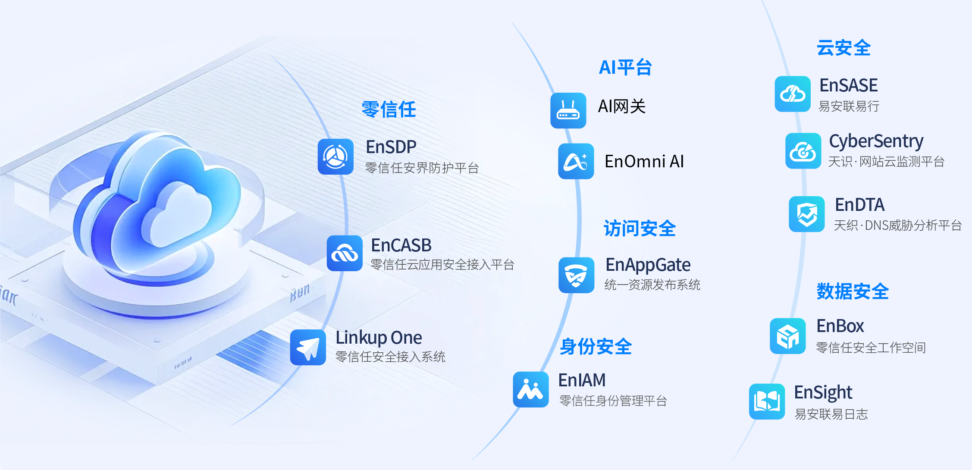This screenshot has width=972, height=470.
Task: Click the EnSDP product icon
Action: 335,157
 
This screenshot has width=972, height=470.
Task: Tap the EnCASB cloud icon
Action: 345,253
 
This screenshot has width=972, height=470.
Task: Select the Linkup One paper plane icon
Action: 308,348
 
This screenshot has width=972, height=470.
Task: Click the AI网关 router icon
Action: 568,110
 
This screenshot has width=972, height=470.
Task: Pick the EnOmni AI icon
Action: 576,161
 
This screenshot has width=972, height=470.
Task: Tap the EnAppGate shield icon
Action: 577,275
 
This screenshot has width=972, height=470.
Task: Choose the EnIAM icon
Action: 531,389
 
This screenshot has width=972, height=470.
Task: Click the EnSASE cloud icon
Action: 793,94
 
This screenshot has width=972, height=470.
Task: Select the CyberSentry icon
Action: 803,151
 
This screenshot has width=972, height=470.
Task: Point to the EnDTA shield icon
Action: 807,214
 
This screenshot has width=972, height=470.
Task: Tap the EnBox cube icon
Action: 788,336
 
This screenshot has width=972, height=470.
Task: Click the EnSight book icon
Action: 767,401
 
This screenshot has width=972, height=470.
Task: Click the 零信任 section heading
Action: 389,110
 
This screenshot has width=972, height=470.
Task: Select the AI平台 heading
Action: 625,67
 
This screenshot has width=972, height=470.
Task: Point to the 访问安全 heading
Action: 640,229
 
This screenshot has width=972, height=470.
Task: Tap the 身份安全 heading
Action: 596,347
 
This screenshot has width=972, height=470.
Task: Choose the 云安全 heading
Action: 844,48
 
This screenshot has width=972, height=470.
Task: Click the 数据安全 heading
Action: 853,291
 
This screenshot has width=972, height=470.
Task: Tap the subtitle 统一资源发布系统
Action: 652,285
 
